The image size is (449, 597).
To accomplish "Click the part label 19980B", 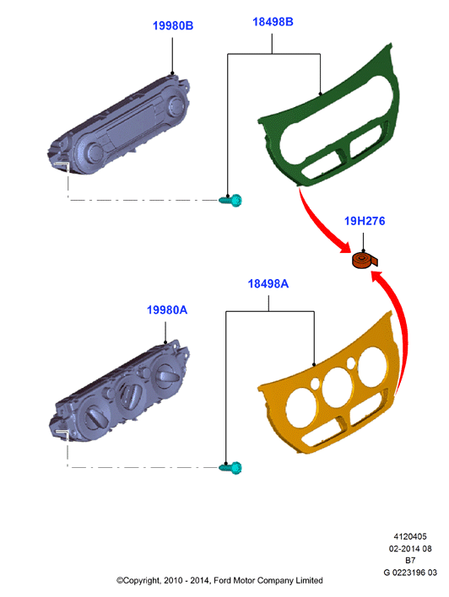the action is point(173,25).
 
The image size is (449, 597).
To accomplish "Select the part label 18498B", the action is point(273,22).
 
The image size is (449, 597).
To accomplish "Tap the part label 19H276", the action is point(365,221).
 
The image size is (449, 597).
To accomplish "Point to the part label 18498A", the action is point(268,283).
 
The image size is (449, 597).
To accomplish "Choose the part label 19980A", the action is point(167,310).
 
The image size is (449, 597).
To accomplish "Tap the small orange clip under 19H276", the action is point(363,261).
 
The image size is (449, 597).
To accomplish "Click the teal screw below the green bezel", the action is point(230,200).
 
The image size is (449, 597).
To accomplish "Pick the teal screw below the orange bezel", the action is point(230,467).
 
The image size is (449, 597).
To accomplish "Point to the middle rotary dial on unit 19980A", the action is point(130,391).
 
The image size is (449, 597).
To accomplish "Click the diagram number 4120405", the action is point(410,536).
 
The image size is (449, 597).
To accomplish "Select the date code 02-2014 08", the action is point(410,549).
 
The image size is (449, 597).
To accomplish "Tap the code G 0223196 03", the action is point(410,573).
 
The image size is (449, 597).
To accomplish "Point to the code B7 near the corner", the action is point(410,561).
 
